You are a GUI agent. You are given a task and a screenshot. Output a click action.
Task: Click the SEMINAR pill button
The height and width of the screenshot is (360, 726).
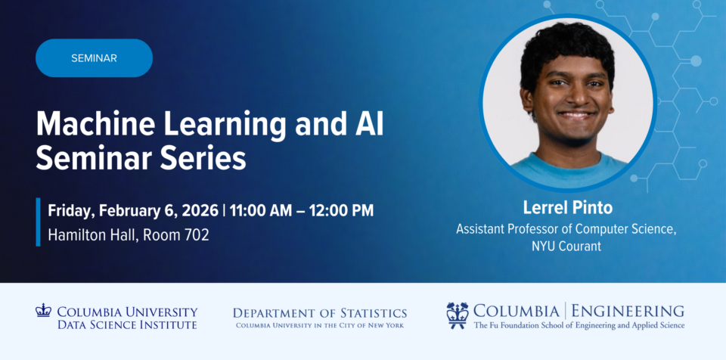point(94,58)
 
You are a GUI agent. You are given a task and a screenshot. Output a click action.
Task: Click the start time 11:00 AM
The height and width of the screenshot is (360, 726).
point(261,210)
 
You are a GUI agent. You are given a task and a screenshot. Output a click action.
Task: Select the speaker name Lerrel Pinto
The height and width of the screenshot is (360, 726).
point(568,207)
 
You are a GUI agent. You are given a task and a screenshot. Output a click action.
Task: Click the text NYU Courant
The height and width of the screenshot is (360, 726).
point(566,246)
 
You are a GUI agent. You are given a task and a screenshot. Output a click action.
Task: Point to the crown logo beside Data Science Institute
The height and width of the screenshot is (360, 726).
point(43,309)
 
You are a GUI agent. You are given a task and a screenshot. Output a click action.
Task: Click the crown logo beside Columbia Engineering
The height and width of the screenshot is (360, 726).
point(457,315)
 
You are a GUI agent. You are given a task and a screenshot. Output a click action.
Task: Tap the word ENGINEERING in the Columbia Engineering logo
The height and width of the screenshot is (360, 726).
point(628,310)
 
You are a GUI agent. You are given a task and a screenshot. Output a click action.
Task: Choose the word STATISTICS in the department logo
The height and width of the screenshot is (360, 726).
point(374,313)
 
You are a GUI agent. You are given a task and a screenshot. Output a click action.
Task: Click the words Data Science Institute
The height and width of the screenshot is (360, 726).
point(127,324)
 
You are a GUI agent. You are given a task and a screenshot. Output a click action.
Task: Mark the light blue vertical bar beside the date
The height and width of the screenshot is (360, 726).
point(38,222)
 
